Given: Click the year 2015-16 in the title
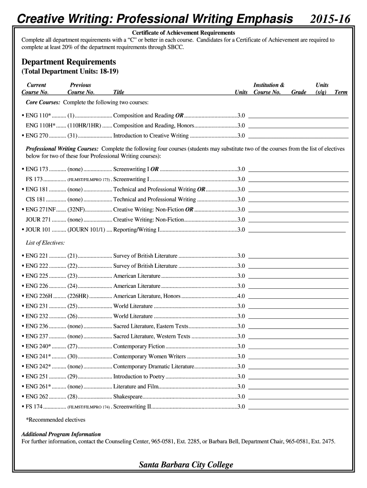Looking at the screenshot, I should tap(330, 19).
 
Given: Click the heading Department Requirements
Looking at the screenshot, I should tap(69, 62).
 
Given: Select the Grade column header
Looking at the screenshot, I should tap(298, 92).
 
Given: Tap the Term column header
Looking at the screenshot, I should tap(341, 92).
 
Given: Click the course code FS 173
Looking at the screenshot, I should tap(34, 179).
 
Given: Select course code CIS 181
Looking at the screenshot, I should tap(36, 199).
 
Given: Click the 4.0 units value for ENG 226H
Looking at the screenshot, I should tap(241, 296).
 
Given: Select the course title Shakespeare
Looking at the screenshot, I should tap(128, 396).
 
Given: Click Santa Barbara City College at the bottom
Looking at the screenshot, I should tap(186, 465).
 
